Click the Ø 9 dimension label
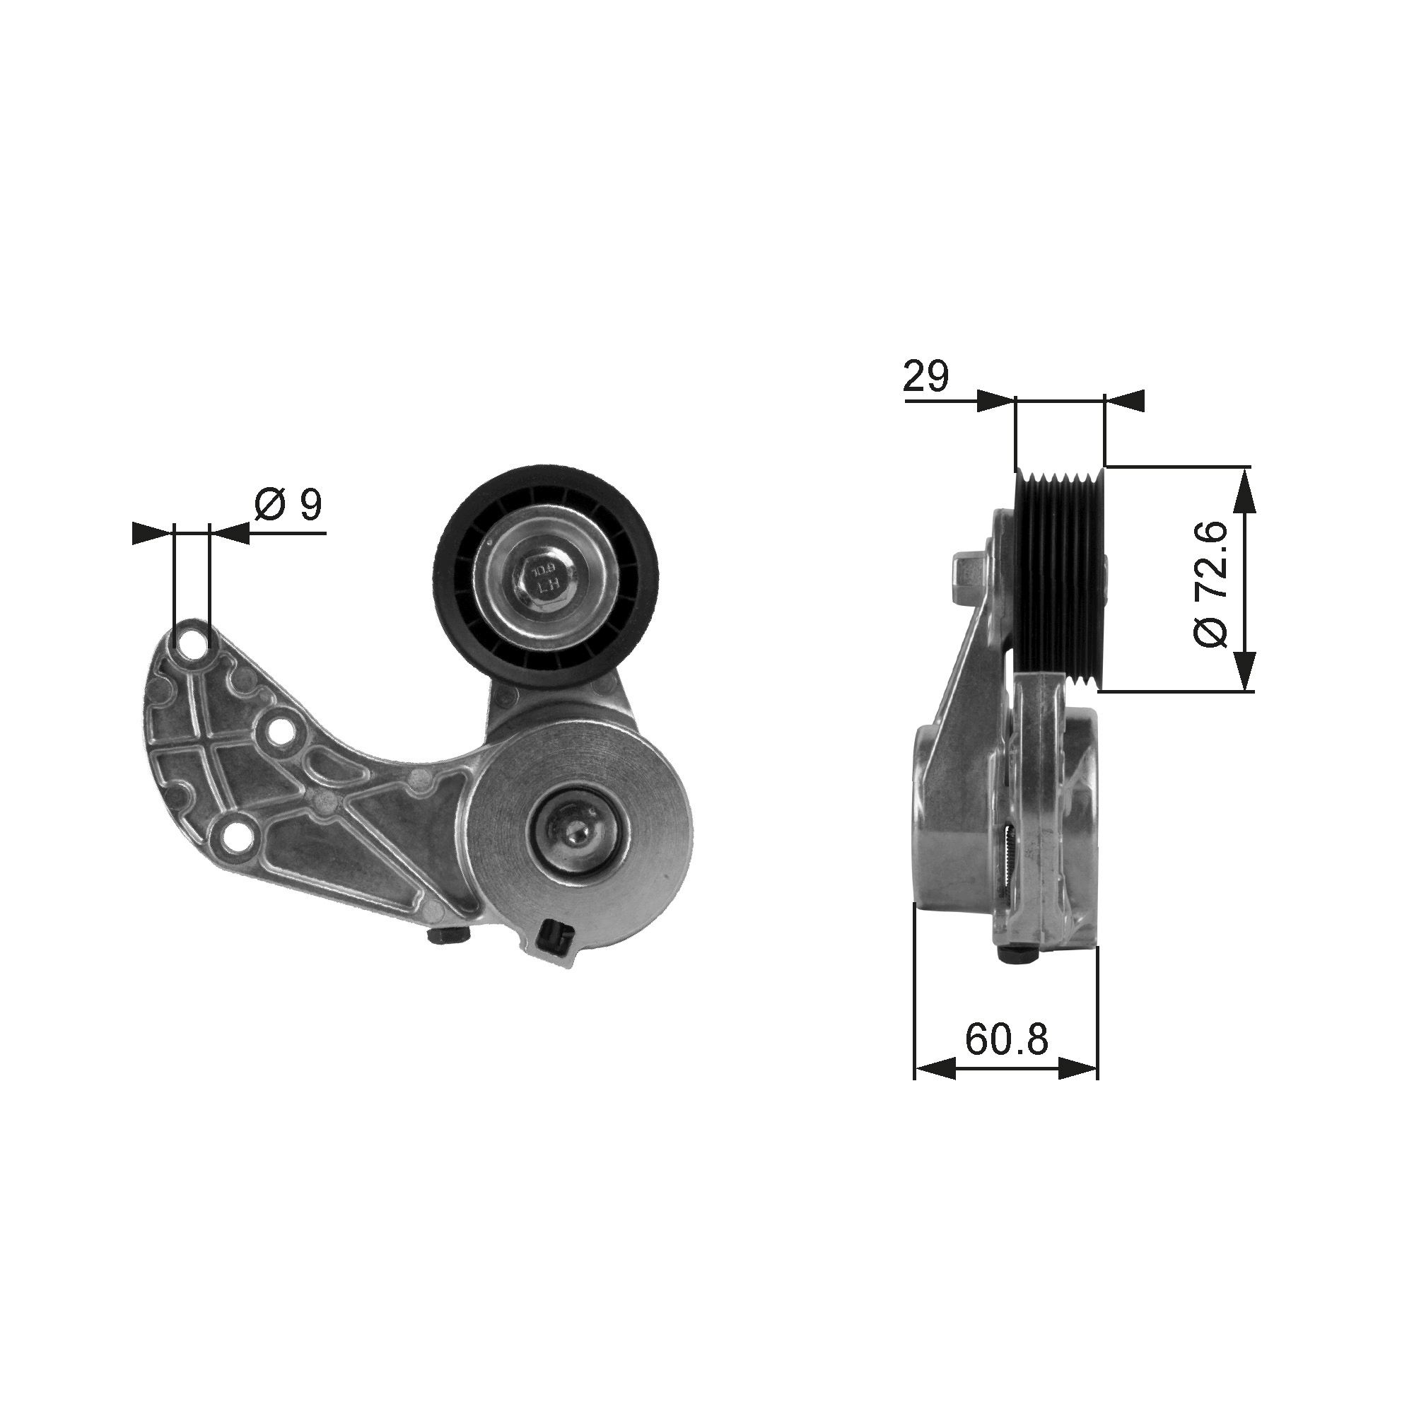tap(288, 504)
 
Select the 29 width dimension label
tap(926, 376)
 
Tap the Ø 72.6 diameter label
tap(1211, 584)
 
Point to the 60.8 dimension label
tap(1007, 1039)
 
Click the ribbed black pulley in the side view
tap(1059, 578)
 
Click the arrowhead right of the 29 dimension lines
tap(1124, 400)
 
